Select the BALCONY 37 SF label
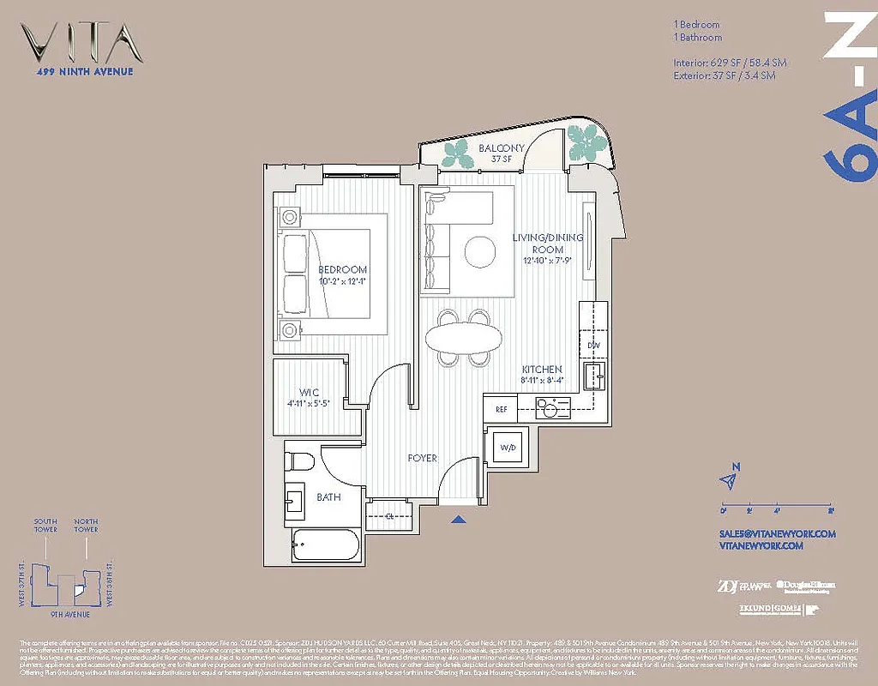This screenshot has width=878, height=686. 478,153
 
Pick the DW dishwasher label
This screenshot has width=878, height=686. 593,345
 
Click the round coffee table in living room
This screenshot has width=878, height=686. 480,250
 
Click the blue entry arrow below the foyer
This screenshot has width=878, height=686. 460,519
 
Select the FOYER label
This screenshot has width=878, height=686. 423,458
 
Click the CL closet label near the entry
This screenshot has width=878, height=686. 388,515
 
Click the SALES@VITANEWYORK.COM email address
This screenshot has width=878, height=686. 777,533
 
